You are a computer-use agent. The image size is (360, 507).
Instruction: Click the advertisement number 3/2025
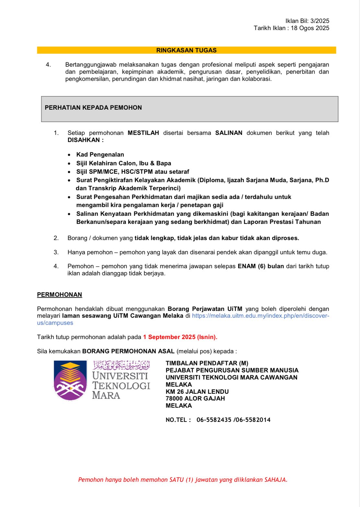pyautogui.click(x=320, y=21)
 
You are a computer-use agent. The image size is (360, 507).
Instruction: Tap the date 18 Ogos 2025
pyautogui.click(x=310, y=28)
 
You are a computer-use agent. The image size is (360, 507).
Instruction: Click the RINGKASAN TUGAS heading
pyautogui.click(x=186, y=50)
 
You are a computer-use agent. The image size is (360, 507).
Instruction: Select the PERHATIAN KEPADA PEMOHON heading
pyautogui.click(x=93, y=108)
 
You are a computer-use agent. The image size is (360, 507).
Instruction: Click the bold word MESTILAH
pyautogui.click(x=143, y=133)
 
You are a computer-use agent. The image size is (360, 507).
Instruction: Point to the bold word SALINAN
pyautogui.click(x=229, y=133)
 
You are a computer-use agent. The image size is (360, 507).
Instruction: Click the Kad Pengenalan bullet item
pyautogui.click(x=100, y=155)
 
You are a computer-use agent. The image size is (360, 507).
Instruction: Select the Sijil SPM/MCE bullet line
pyautogui.click(x=132, y=172)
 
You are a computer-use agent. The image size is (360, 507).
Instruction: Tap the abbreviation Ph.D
pyautogui.click(x=322, y=180)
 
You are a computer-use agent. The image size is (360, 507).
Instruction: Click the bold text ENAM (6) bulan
pyautogui.click(x=261, y=266)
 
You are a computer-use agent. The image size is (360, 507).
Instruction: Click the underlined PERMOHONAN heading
pyautogui.click(x=60, y=295)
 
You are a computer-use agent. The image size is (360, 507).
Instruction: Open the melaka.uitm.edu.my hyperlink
pyautogui.click(x=260, y=316)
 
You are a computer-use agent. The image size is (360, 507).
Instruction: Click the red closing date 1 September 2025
pyautogui.click(x=180, y=337)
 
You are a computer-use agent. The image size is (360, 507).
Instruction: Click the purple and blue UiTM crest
pyautogui.click(x=70, y=380)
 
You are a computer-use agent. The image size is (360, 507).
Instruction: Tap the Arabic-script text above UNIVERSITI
pyautogui.click(x=121, y=365)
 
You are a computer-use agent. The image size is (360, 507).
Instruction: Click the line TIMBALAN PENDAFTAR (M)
pyautogui.click(x=207, y=363)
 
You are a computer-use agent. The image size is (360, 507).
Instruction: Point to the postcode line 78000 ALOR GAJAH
pyautogui.click(x=195, y=399)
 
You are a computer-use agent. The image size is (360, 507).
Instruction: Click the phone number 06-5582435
pyautogui.click(x=214, y=420)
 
